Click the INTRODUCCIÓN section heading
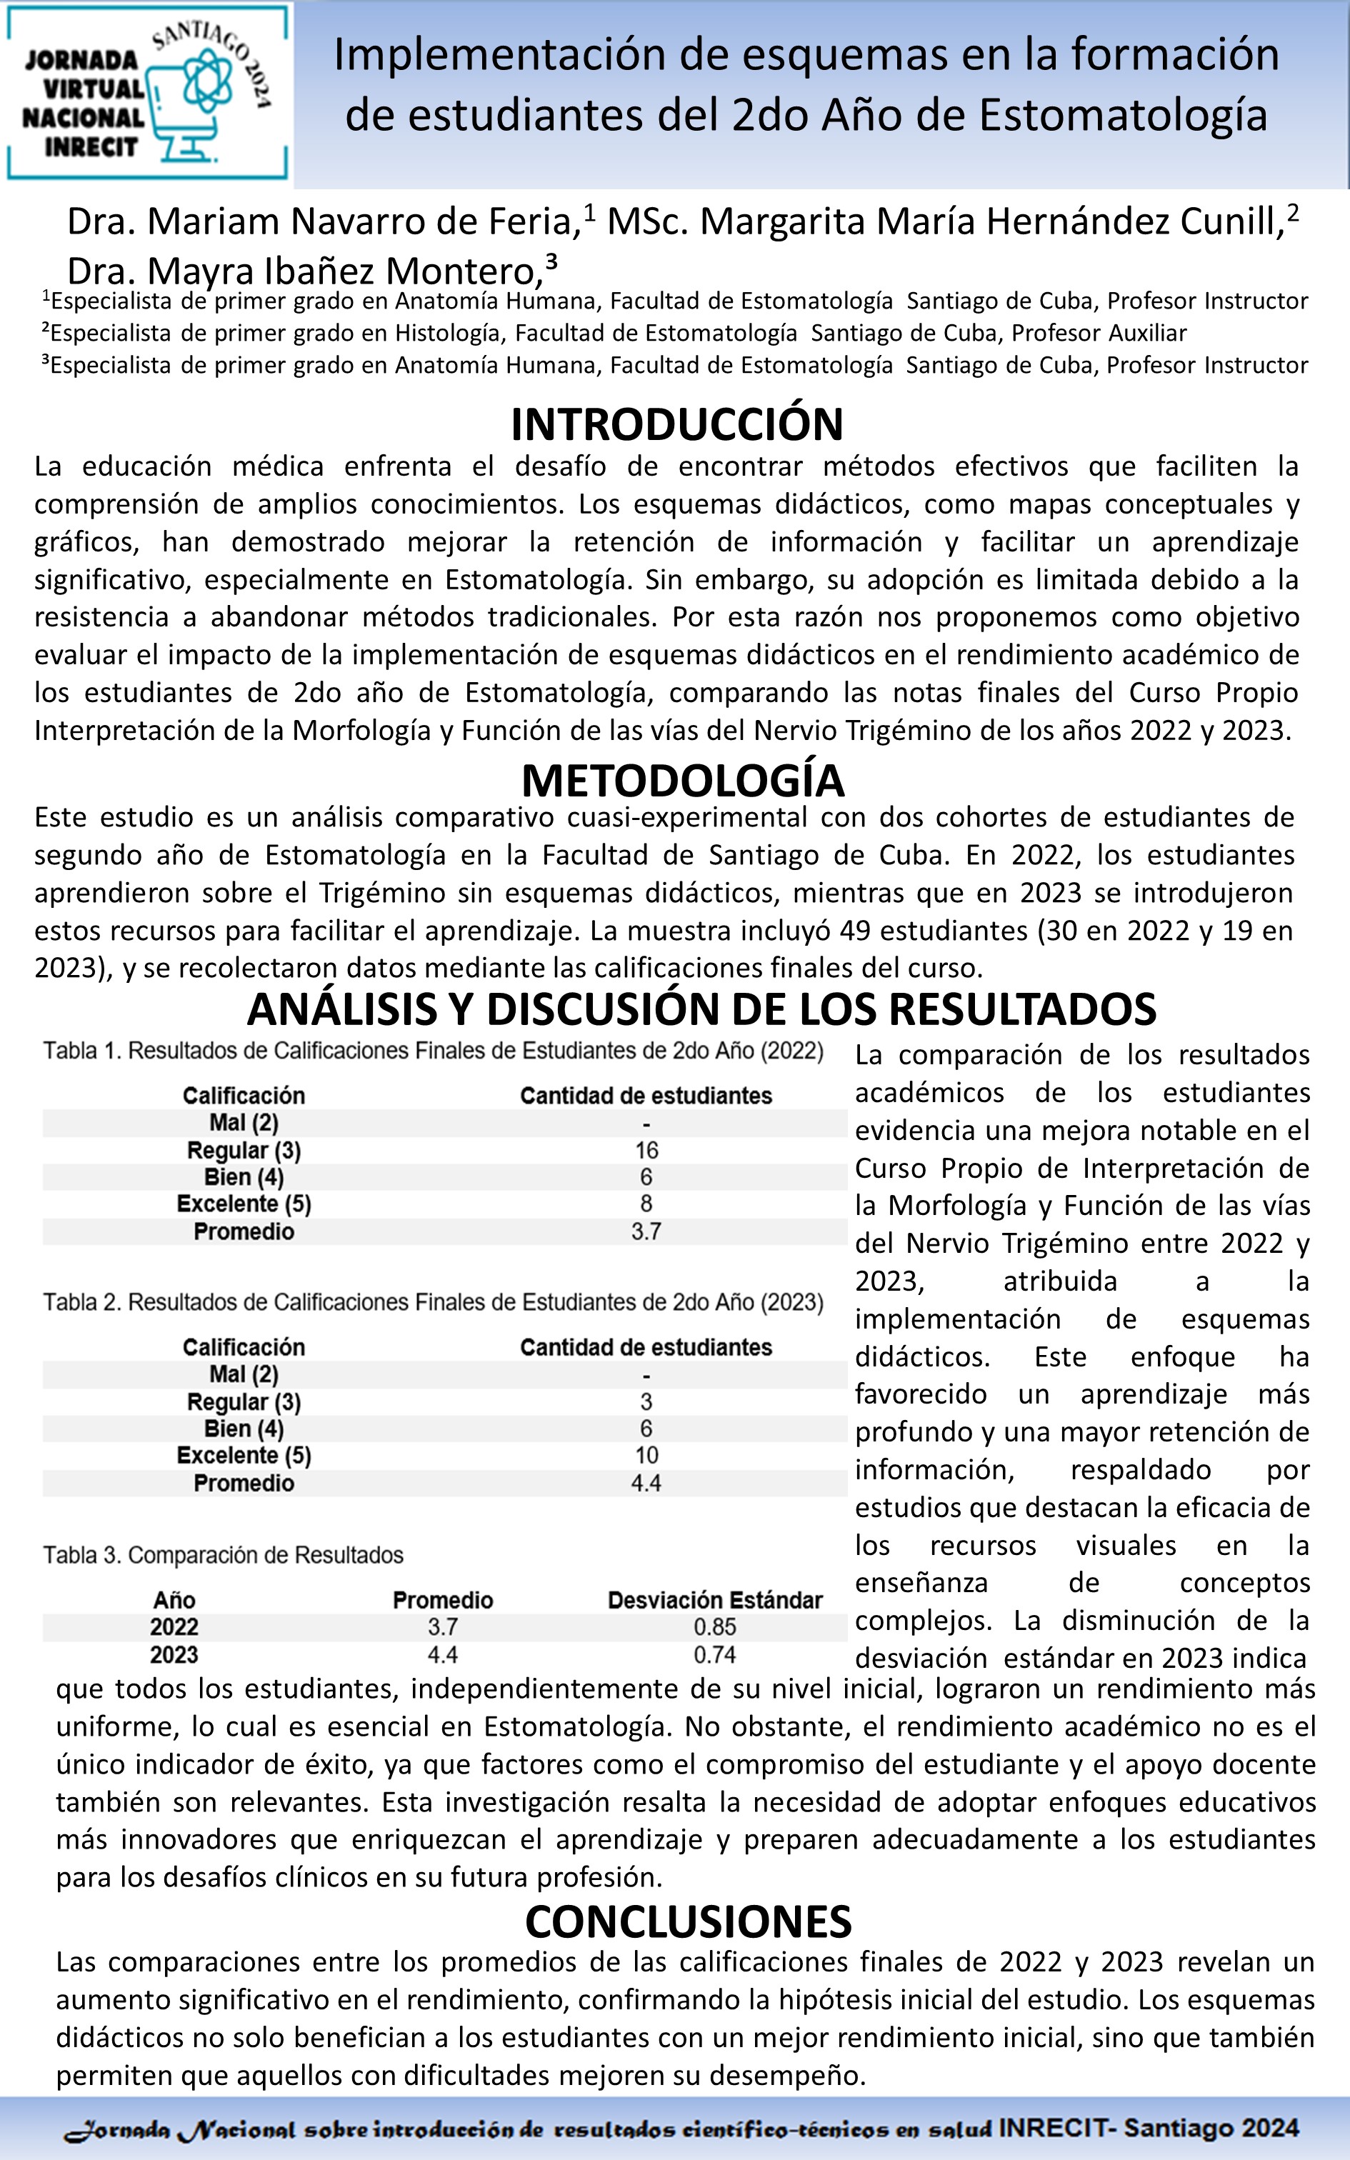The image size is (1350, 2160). point(677,425)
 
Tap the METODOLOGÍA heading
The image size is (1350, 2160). point(683,781)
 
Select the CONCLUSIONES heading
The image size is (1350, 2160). point(689,1921)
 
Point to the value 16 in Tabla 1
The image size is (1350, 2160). point(646,1151)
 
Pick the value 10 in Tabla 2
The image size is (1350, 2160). point(646,1456)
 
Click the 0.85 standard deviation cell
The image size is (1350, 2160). point(714,1627)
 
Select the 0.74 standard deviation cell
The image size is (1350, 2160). point(714,1655)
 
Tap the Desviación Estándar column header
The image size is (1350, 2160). point(714,1601)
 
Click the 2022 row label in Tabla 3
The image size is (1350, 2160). point(174,1627)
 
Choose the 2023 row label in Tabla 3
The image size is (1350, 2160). point(174,1655)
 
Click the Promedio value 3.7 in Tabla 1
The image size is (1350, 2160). point(646,1231)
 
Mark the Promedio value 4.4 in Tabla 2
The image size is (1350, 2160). point(646,1484)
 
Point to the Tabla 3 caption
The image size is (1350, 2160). point(223,1555)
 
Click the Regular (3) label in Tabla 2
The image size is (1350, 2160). point(244,1402)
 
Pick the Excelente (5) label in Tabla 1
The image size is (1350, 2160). point(244,1204)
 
